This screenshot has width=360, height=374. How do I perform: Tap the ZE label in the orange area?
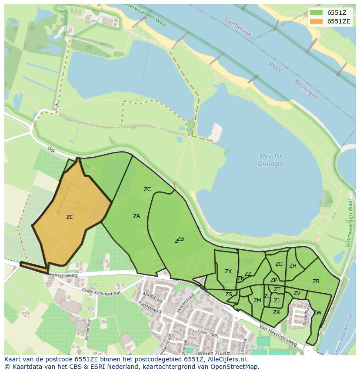pyautogui.click(x=69, y=217)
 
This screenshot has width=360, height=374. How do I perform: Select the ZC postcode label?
pyautogui.click(x=147, y=189)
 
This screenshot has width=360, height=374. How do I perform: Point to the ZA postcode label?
pyautogui.click(x=137, y=216)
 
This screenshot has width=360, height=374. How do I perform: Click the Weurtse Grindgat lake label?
pyautogui.click(x=271, y=160)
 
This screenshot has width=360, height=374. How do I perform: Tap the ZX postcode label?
pyautogui.click(x=228, y=271)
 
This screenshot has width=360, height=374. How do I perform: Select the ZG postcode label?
pyautogui.click(x=279, y=264)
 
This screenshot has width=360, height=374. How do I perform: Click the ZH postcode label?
pyautogui.click(x=293, y=266)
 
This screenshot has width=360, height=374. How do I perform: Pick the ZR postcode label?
pyautogui.click(x=316, y=281)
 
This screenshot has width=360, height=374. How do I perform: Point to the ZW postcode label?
pyautogui.click(x=317, y=313)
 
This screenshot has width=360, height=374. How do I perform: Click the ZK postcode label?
pyautogui.click(x=277, y=312)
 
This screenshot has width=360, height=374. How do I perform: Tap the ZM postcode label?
pyautogui.click(x=257, y=301)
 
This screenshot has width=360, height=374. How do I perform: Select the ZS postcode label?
pyautogui.click(x=229, y=295)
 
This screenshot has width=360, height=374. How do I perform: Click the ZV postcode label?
pyautogui.click(x=297, y=294)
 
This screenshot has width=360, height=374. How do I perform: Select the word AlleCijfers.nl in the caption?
pyautogui.click(x=226, y=360)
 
